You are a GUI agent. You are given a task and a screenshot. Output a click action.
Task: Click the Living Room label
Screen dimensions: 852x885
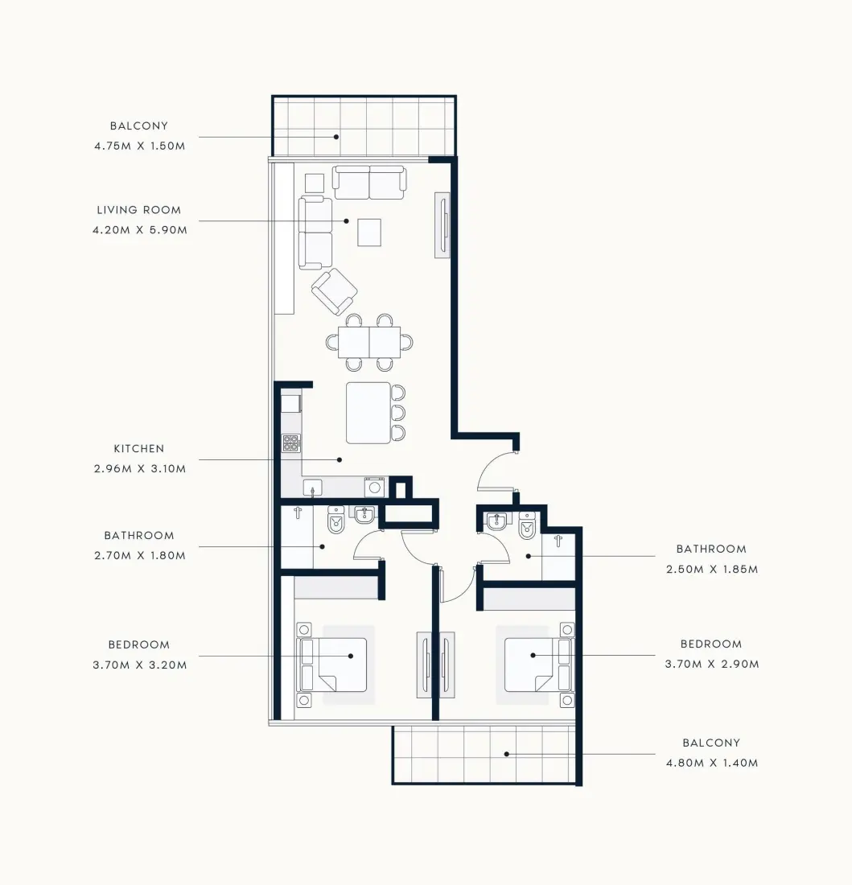[x=139, y=210]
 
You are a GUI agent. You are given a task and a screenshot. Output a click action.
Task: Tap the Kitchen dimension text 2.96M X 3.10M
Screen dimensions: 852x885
[x=140, y=468]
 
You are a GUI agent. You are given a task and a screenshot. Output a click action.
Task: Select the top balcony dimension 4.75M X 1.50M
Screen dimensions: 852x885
[x=140, y=146]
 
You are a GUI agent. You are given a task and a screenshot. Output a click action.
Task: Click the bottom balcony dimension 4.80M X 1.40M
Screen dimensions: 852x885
[x=712, y=763]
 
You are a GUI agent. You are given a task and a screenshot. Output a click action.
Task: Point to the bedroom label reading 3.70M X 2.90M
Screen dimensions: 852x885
[x=712, y=665]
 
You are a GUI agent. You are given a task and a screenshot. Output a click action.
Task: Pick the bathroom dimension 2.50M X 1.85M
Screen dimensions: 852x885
[x=712, y=570]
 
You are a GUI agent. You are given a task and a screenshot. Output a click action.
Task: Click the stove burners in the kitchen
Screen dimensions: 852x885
[x=291, y=443]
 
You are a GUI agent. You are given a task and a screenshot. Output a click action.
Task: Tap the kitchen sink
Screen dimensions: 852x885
[x=313, y=488]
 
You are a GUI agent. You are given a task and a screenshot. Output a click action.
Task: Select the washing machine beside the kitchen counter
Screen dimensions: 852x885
[x=375, y=487]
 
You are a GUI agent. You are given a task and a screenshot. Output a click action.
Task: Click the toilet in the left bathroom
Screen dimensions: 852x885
[x=335, y=520]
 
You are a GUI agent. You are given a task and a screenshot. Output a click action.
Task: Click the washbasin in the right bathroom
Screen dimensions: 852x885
[x=496, y=521]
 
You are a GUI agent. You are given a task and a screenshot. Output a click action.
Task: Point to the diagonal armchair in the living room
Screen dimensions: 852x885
[x=334, y=291]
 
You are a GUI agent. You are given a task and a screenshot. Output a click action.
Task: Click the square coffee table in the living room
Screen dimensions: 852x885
[x=369, y=233]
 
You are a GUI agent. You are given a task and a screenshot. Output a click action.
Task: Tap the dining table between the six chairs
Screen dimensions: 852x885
[x=369, y=342]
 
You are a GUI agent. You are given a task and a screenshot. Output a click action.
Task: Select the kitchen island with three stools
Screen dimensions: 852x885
[x=368, y=414]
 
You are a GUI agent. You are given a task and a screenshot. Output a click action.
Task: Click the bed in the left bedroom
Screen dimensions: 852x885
[x=334, y=665]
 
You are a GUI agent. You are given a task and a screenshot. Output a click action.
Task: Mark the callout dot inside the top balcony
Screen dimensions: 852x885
[x=336, y=137]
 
